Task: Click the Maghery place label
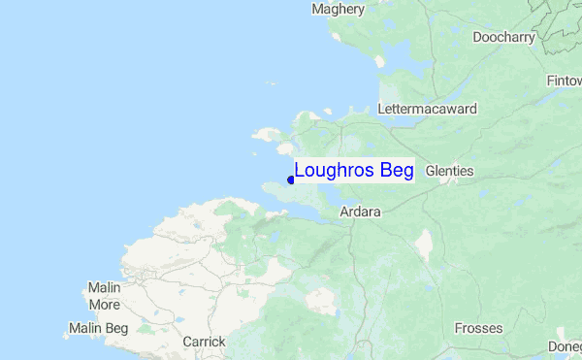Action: pos(338,10)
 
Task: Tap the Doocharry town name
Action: pos(503,38)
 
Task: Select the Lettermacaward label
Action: pos(428,110)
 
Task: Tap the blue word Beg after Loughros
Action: pos(397,171)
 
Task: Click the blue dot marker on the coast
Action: pos(291,180)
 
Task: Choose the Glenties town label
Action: pos(449,171)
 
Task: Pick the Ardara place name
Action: pos(360,212)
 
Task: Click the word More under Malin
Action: pos(104,305)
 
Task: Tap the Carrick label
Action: pos(204,342)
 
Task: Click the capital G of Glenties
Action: pos(431,171)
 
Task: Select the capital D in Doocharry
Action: pos(477,38)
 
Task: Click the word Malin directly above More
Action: pos(104,288)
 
